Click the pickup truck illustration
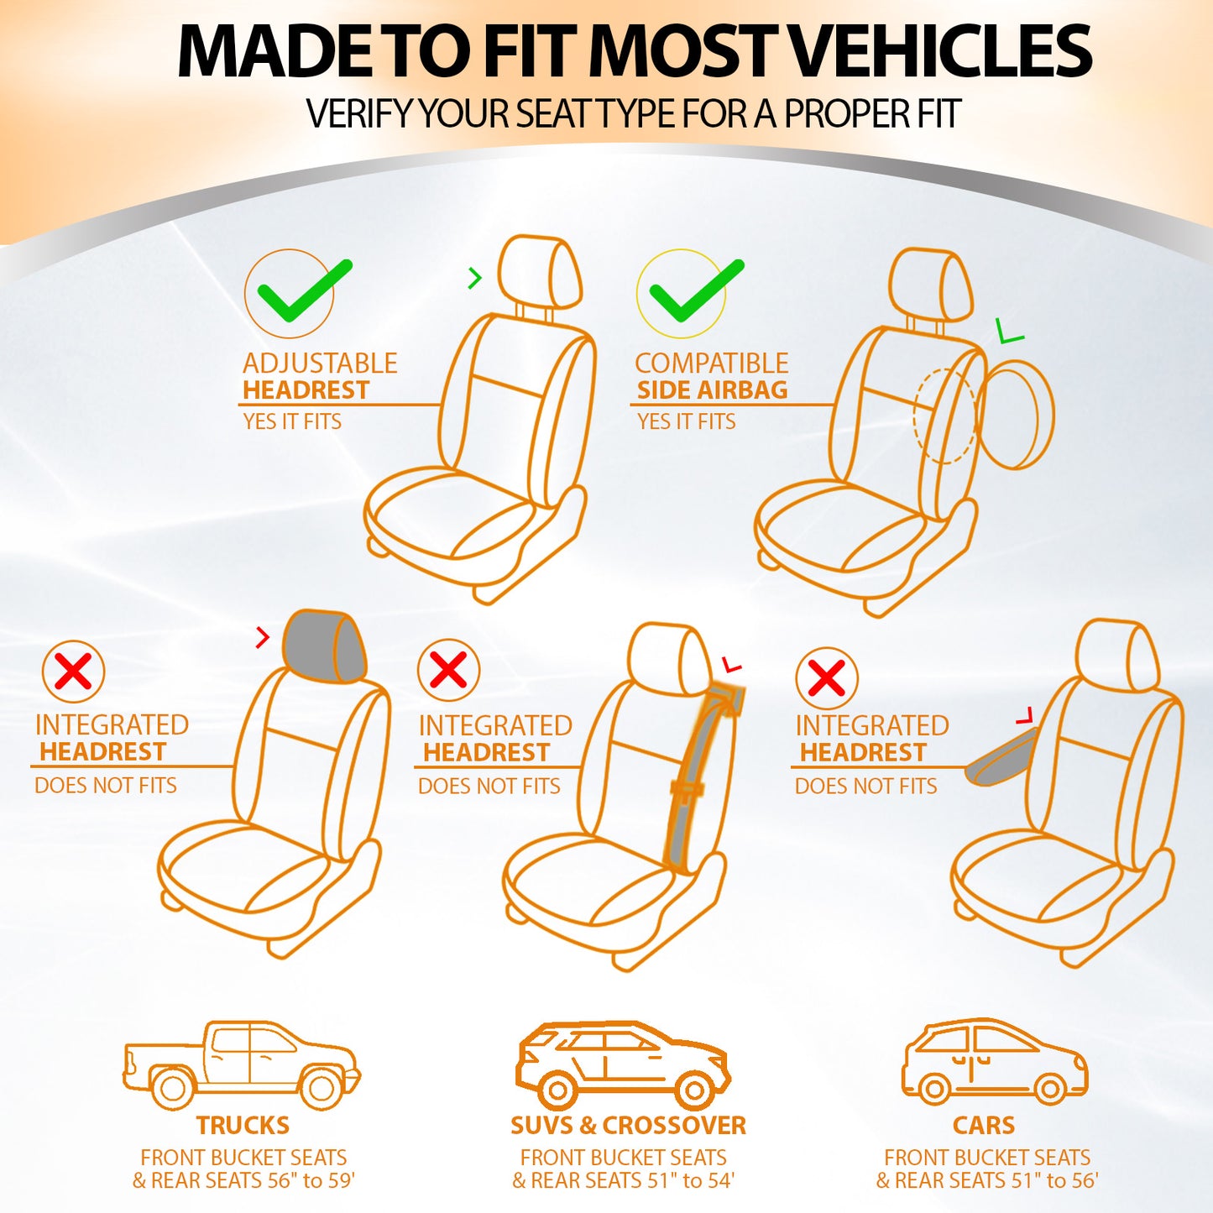[x=241, y=1064]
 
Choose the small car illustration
[x=994, y=1062]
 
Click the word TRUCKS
[x=243, y=1125]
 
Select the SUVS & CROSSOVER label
[x=628, y=1125]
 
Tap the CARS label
[x=984, y=1125]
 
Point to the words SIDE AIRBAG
[x=712, y=390]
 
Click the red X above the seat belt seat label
[x=448, y=671]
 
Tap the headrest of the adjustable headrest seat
[x=540, y=271]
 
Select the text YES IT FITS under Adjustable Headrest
[x=292, y=421]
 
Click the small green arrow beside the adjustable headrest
[x=475, y=278]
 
